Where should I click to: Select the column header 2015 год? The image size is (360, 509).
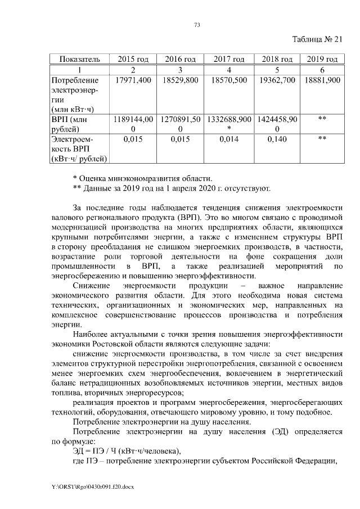133,59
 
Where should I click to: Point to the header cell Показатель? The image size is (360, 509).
76,59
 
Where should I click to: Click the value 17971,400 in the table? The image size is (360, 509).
133,80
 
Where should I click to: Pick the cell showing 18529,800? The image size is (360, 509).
180,80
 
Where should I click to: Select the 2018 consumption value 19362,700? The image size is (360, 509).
276,80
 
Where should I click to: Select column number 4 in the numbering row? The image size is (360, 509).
229,70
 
